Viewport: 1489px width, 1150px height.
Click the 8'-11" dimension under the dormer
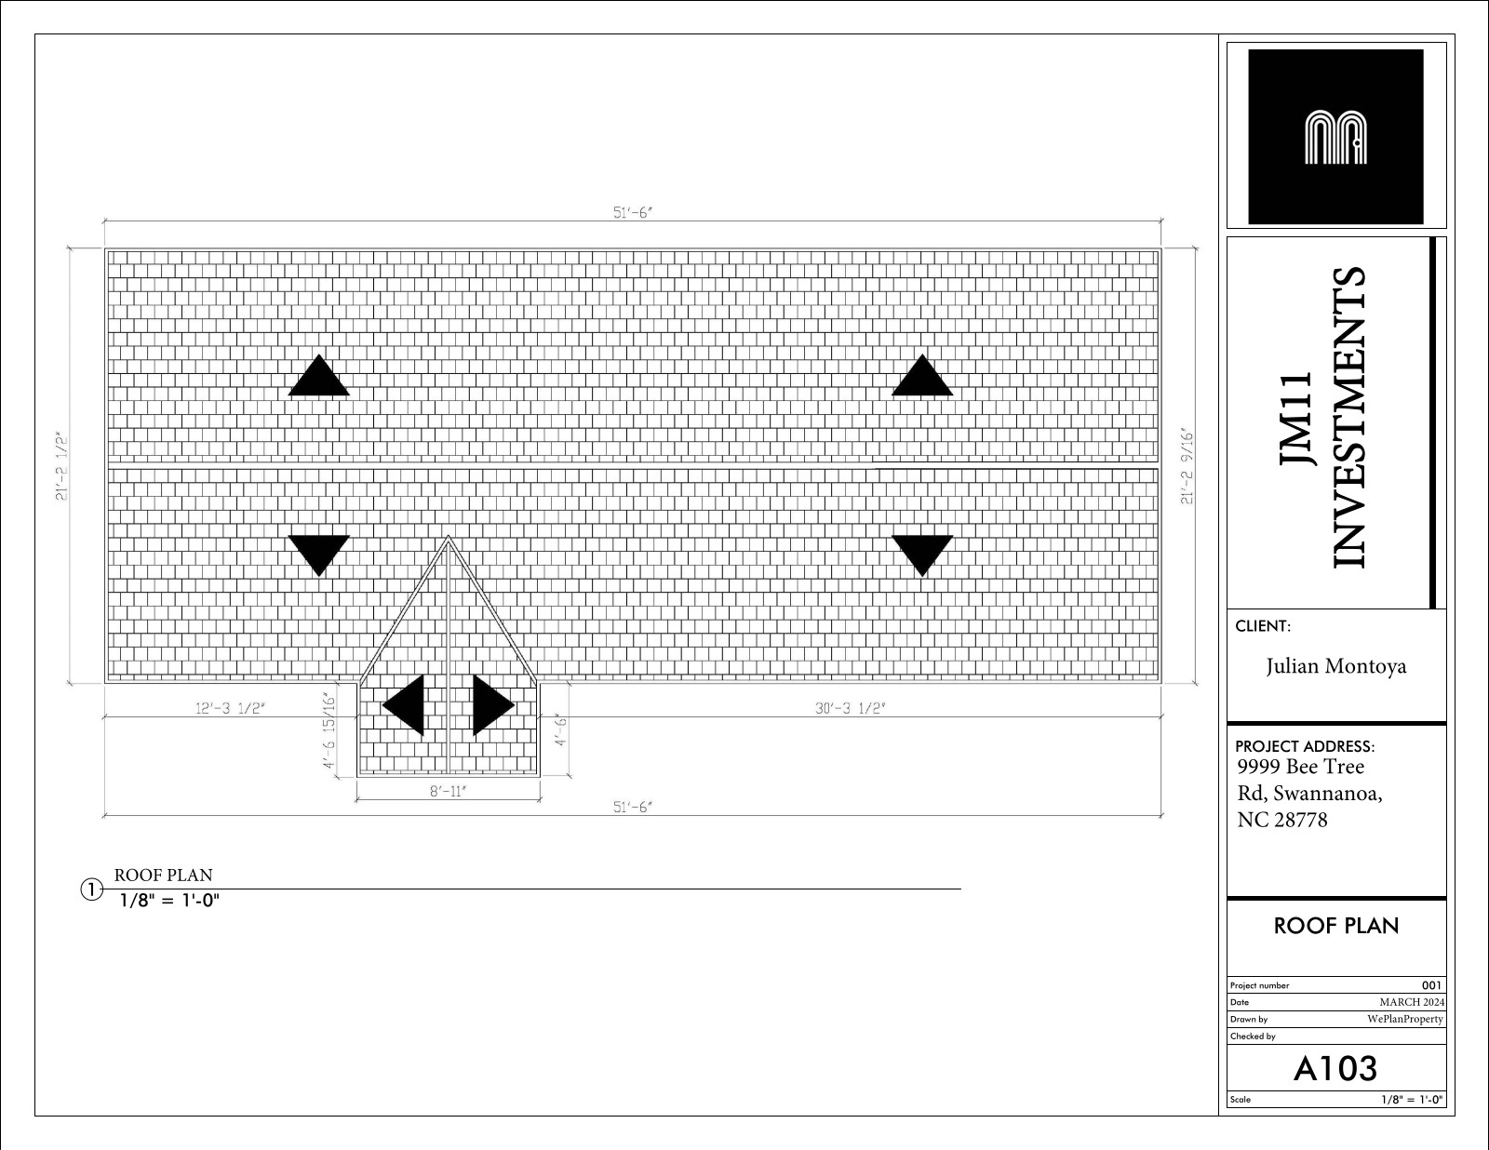coord(449,791)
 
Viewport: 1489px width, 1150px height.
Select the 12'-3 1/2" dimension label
coord(230,707)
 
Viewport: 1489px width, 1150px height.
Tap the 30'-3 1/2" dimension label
coord(850,707)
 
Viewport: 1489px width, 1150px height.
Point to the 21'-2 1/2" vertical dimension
coord(61,466)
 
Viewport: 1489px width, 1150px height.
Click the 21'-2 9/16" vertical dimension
coord(1187,466)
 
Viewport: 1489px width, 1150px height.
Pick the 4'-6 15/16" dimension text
coord(329,730)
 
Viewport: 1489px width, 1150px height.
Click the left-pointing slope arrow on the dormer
coord(403,705)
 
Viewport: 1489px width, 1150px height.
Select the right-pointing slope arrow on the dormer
coord(493,705)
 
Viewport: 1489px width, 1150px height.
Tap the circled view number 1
coord(91,889)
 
